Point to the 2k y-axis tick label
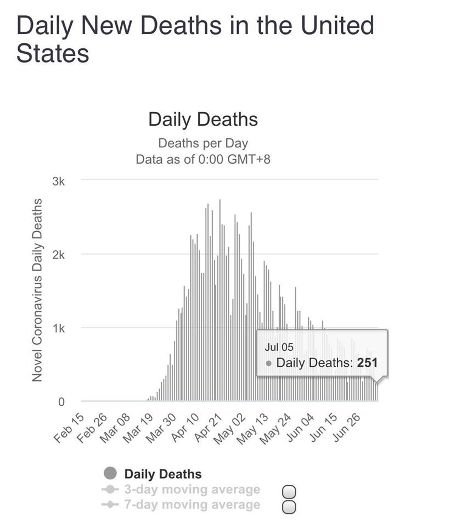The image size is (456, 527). [x=59, y=255]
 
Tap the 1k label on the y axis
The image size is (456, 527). [x=59, y=329]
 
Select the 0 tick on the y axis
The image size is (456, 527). [x=61, y=402]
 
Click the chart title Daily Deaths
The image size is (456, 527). [x=203, y=120]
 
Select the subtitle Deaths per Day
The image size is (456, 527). [x=203, y=144]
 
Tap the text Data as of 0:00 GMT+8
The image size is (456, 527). [x=203, y=160]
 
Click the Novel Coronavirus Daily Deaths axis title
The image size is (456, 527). [x=37, y=290]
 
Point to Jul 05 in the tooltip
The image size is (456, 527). [x=275, y=347]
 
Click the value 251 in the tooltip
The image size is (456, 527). [x=367, y=363]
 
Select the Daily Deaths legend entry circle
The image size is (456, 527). [x=110, y=473]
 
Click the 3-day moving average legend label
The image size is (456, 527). [x=192, y=489]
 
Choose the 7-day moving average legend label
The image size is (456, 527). [x=192, y=504]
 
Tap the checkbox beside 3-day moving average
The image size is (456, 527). [x=289, y=491]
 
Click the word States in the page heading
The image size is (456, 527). [x=53, y=53]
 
